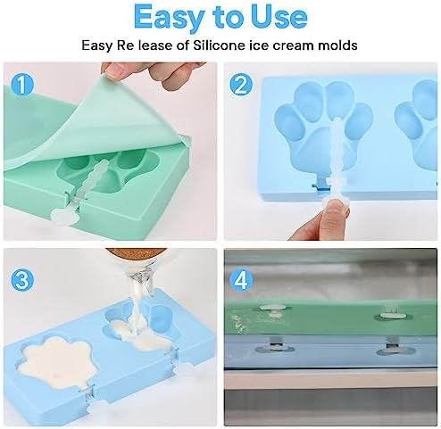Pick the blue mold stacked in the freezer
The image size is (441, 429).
point(330,353)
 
